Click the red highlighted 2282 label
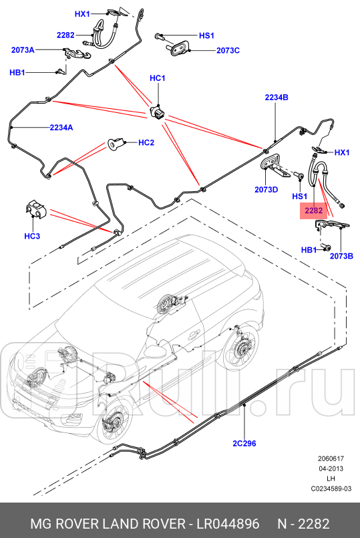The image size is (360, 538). point(314,211)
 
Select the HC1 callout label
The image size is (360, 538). point(157,79)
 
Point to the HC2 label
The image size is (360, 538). point(146,142)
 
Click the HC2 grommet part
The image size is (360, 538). point(116,143)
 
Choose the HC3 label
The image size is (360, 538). point(32,236)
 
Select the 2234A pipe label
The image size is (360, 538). point(61,127)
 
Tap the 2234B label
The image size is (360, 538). point(276,98)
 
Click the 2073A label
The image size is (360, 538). point(23,49)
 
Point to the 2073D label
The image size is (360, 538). point(266,190)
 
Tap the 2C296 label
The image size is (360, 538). point(245,442)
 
